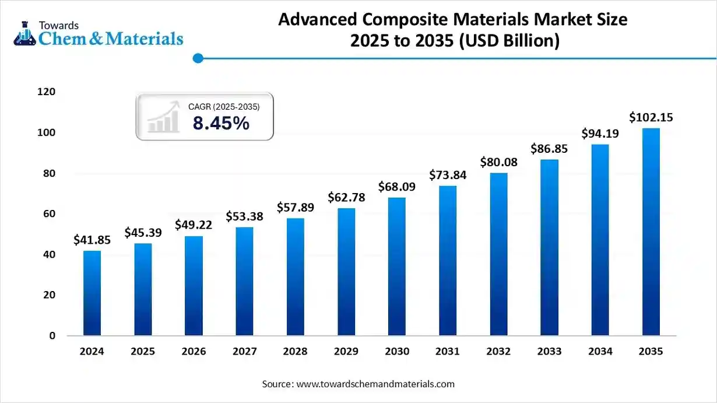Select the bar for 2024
pos(92,293)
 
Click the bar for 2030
pos(396,267)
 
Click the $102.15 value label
pos(651,118)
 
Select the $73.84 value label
pos(448,174)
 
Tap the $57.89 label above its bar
pos(295,208)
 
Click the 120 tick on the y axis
pos(47,92)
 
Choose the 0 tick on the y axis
pos(52,336)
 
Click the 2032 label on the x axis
pos(498,352)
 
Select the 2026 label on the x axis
pos(194,352)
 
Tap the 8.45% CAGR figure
pos(221,123)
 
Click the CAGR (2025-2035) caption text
pos(224,107)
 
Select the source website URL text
pos(375,384)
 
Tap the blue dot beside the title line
pos(198,58)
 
